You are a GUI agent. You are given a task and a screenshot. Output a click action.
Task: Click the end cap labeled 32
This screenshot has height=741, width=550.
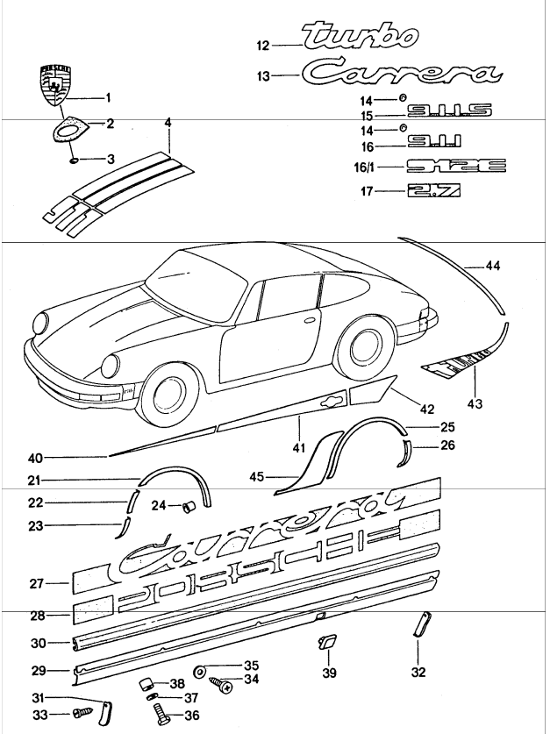tap(418, 626)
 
